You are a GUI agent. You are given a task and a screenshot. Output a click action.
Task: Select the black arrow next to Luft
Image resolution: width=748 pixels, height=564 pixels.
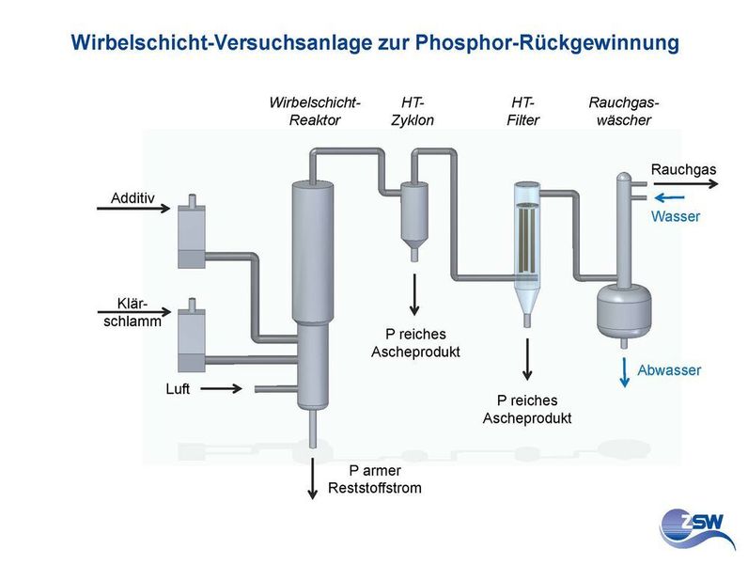[x=221, y=387]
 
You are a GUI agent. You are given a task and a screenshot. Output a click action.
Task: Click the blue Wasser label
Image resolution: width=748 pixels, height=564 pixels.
[x=676, y=216]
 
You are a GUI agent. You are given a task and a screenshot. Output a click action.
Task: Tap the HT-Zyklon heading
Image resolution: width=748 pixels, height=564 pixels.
[x=412, y=110]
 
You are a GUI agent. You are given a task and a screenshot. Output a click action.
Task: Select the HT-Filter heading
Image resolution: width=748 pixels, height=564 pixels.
[x=522, y=110]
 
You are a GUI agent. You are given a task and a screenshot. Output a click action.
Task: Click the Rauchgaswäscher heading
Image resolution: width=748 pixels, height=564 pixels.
[x=619, y=110]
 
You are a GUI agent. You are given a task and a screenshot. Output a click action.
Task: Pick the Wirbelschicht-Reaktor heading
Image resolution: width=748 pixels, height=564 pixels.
[x=315, y=110]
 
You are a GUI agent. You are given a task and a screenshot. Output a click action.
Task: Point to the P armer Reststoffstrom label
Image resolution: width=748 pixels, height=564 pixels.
[x=374, y=479]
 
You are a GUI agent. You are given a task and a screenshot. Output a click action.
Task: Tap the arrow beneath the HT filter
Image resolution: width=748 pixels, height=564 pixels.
[x=528, y=358]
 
